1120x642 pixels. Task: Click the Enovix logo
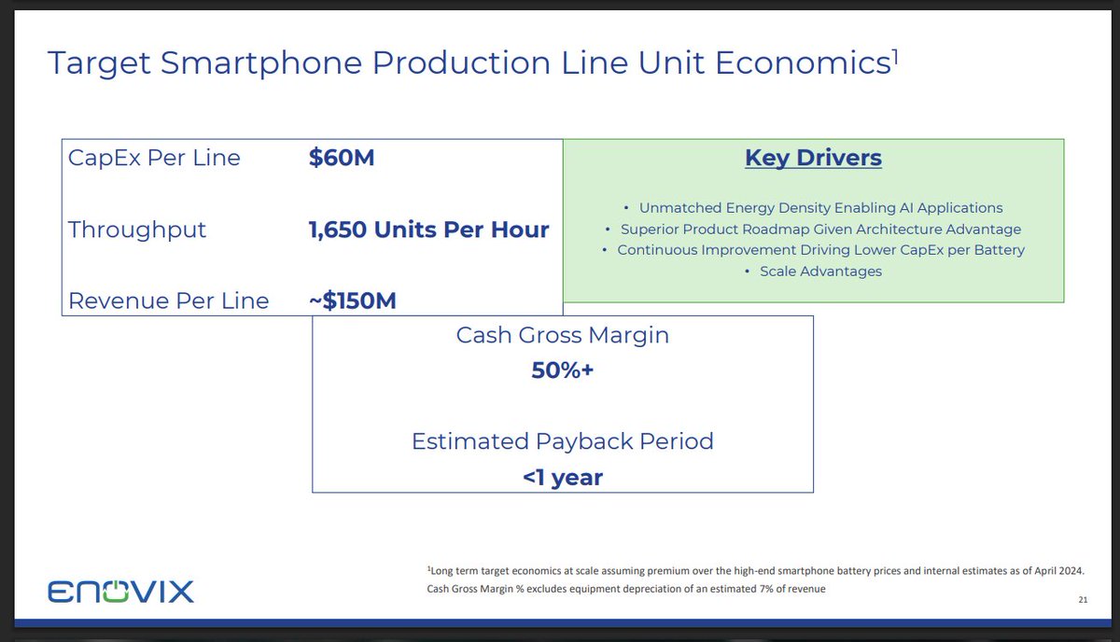pyautogui.click(x=120, y=592)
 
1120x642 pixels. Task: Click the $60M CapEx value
pyautogui.click(x=342, y=158)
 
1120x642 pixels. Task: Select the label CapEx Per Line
pyautogui.click(x=154, y=158)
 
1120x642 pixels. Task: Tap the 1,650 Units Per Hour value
pyautogui.click(x=428, y=230)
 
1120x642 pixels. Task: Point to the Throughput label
pyautogui.click(x=137, y=230)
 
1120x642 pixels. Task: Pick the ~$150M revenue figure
pyautogui.click(x=353, y=300)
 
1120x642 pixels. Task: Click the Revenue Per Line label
pyautogui.click(x=169, y=301)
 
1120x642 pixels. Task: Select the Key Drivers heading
pyautogui.click(x=813, y=158)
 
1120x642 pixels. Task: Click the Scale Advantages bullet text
pyautogui.click(x=820, y=271)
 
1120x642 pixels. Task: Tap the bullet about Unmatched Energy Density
pyautogui.click(x=820, y=207)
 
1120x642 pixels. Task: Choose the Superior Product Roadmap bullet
pyautogui.click(x=820, y=229)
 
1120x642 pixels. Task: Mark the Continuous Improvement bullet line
pyautogui.click(x=820, y=250)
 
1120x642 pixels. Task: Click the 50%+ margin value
pyautogui.click(x=563, y=370)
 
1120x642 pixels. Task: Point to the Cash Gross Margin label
pyautogui.click(x=563, y=335)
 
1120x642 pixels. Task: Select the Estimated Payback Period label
pyautogui.click(x=563, y=441)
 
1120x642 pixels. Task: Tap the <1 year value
pyautogui.click(x=563, y=478)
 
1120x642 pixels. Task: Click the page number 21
pyautogui.click(x=1083, y=599)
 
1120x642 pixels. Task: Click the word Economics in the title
pyautogui.click(x=803, y=63)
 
